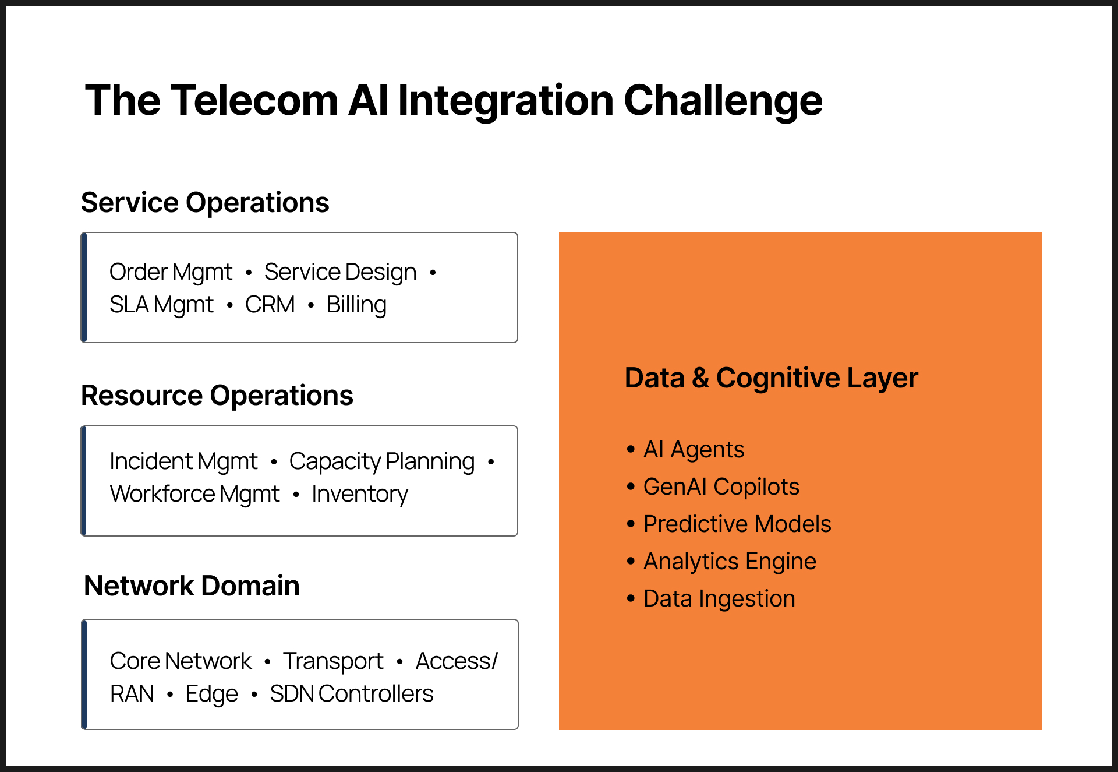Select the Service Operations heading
click(x=205, y=203)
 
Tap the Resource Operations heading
click(x=217, y=396)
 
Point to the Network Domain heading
click(x=192, y=586)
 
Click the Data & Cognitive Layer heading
click(x=771, y=378)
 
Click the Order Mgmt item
click(x=171, y=272)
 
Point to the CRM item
click(x=270, y=305)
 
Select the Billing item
click(x=356, y=305)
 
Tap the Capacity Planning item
click(x=382, y=461)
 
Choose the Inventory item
click(x=360, y=494)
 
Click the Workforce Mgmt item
click(x=195, y=494)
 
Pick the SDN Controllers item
click(x=352, y=694)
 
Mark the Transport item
click(x=333, y=661)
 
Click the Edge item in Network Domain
click(x=212, y=694)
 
